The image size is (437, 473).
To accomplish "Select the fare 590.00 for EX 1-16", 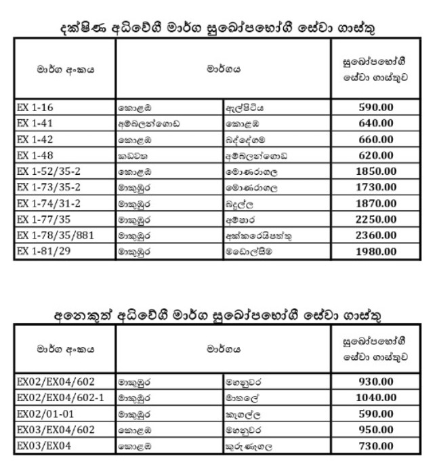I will [376, 107].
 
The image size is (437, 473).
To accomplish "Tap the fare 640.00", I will [376, 123].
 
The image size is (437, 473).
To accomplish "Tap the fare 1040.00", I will [376, 397].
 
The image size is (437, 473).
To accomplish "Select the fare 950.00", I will [376, 429].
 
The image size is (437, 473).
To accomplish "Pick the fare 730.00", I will [376, 445].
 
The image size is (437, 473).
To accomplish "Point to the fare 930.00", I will [376, 381].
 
